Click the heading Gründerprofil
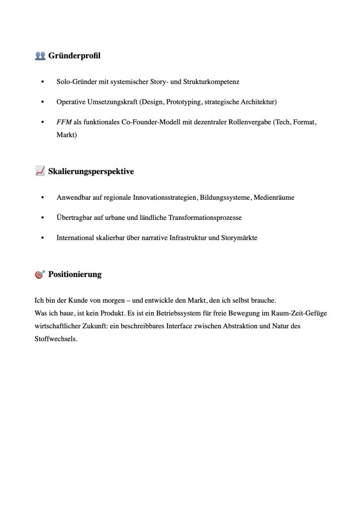coord(74,56)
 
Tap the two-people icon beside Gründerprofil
coord(40,56)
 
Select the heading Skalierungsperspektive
coord(91,172)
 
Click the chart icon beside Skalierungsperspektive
coord(40,172)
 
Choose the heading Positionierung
coord(75,275)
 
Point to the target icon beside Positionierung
coord(40,275)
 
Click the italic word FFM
coord(64,122)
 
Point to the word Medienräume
coord(275,198)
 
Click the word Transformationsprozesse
coord(207,218)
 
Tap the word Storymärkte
coord(239,238)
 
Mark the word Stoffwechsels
coord(56,339)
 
